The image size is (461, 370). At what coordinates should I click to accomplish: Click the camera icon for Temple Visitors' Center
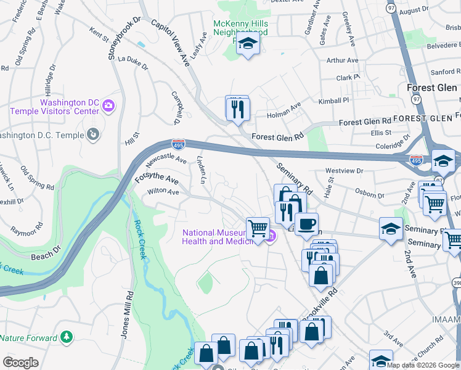pos(108,105)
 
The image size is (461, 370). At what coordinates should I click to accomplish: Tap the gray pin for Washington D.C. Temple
pos(92,133)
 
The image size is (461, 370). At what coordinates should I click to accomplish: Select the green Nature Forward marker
pos(66,337)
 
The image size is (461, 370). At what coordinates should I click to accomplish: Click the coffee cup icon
pos(306,224)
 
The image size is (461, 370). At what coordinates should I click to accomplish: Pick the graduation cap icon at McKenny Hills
pos(248,43)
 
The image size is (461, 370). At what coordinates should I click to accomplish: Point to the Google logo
pos(21,363)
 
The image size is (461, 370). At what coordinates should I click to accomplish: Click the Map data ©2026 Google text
pos(423,365)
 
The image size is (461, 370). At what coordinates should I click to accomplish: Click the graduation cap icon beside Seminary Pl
pos(390,229)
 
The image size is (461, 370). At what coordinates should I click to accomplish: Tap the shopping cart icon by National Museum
pos(257,228)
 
